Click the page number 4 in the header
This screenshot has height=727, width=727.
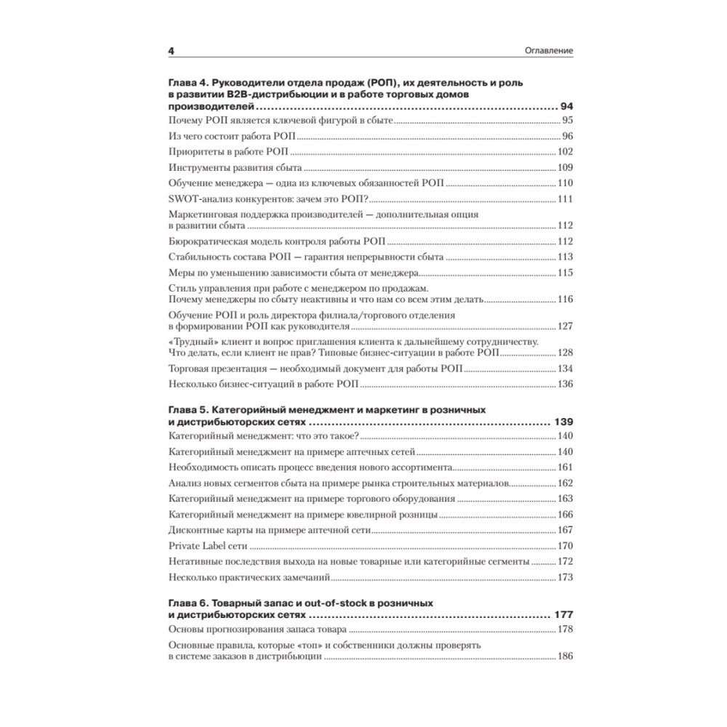[171, 51]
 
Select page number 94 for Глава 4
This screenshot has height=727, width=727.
[566, 106]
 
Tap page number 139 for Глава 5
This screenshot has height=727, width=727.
[563, 422]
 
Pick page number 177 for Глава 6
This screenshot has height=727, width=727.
[563, 614]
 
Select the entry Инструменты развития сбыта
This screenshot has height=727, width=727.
[230, 167]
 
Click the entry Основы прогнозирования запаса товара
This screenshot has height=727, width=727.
[257, 630]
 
